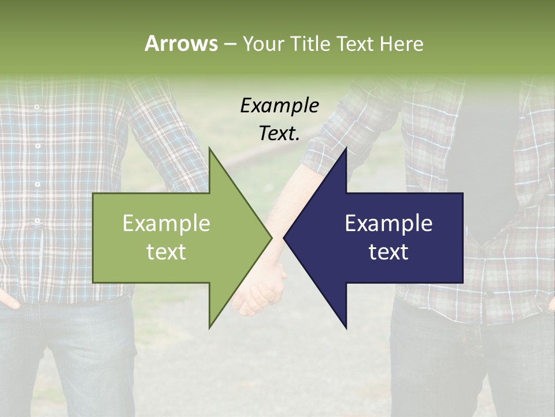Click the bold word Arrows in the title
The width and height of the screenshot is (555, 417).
pos(180,43)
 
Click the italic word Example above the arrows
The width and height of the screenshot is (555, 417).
pos(279,106)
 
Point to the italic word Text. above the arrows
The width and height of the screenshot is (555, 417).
pos(279,134)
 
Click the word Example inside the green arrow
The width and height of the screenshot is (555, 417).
pos(166,224)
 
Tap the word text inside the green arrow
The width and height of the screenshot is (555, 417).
pos(166,252)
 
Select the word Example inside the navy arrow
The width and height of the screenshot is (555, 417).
pos(388,224)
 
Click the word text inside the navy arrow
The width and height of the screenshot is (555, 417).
pos(388,252)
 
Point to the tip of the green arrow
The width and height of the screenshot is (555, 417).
pos(271,237)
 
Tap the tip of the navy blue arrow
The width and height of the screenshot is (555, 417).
pos(284,237)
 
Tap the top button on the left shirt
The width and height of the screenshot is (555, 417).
pos(36,108)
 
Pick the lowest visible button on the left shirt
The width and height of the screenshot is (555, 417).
pos(38,221)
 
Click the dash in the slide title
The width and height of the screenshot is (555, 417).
pos(230,45)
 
